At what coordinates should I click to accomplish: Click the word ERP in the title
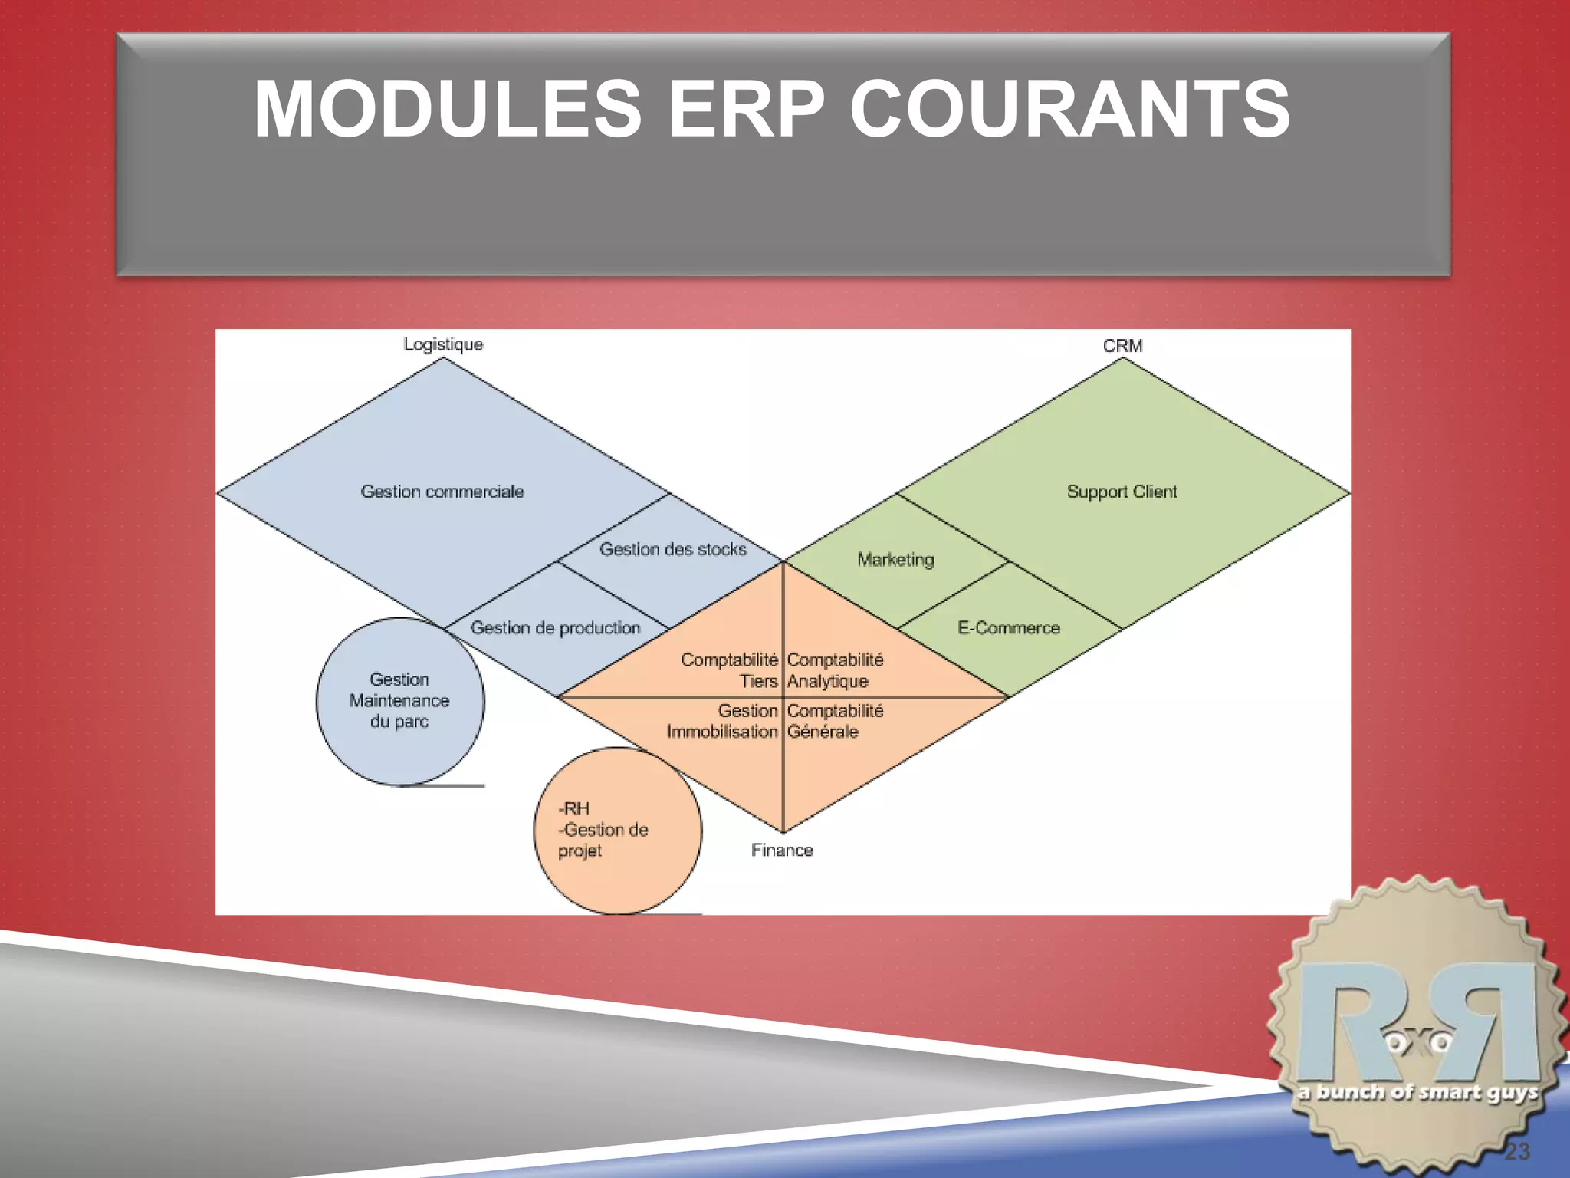pos(746,110)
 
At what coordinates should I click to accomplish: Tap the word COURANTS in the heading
pos(1070,110)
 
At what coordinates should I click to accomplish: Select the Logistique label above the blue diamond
pos(443,344)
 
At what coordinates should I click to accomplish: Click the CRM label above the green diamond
pos(1122,346)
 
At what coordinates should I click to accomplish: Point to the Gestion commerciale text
pos(442,492)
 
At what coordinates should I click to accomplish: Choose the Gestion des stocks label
pos(673,549)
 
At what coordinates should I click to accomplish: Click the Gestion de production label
pos(555,627)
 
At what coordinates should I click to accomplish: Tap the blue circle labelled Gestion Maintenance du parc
pos(399,700)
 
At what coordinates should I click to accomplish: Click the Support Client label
pos(1122,492)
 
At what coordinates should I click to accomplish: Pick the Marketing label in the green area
pos(895,559)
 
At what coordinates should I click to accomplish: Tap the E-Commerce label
pos(1009,627)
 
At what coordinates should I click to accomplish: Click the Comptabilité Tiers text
pos(730,670)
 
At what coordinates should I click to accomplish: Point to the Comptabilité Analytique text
pos(835,670)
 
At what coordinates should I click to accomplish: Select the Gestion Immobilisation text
pos(723,721)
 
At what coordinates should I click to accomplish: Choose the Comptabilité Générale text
pos(835,721)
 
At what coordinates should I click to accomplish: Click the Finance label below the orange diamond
pos(781,850)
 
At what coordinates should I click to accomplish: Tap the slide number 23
pos(1516,1151)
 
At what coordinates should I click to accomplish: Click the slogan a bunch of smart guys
pos(1417,1092)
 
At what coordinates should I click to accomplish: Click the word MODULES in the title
pos(448,110)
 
